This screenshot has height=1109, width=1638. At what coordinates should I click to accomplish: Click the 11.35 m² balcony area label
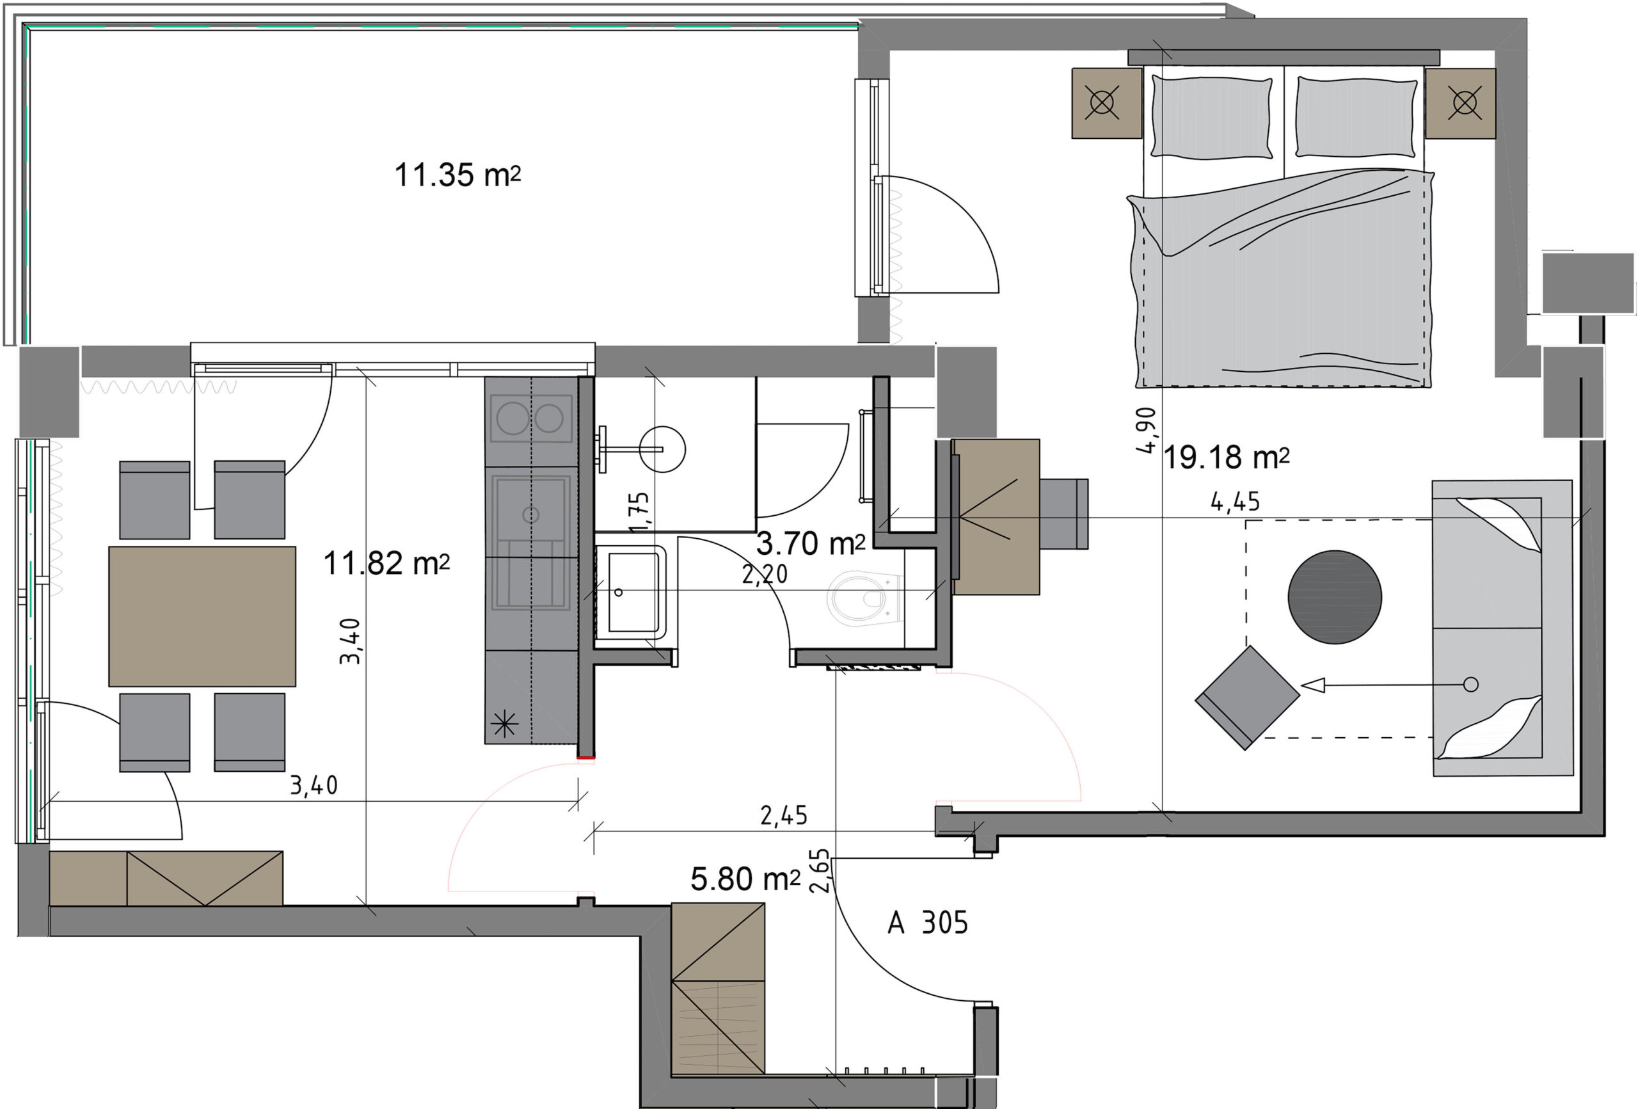point(457,175)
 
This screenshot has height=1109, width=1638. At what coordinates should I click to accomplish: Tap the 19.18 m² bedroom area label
point(1227,458)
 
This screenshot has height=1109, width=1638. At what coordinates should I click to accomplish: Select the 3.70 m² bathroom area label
point(811,543)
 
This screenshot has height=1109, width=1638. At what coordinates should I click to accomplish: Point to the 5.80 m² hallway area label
point(745,879)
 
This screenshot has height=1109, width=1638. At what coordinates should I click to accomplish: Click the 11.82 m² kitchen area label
point(386,563)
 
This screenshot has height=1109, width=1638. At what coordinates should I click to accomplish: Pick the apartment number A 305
point(928,923)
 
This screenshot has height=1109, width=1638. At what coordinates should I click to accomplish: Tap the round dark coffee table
point(1335,596)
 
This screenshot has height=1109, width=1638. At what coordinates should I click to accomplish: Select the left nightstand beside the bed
point(1106,103)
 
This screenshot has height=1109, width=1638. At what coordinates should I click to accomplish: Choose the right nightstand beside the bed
point(1460,103)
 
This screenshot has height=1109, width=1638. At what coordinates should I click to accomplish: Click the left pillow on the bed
point(1212,117)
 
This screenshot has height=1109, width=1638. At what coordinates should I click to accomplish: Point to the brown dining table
point(202,616)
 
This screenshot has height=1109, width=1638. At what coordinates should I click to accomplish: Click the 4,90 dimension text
point(1147,430)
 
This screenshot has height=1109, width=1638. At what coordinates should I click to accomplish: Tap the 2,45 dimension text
point(784,816)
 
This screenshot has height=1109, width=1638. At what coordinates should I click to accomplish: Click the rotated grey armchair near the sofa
point(1247,698)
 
